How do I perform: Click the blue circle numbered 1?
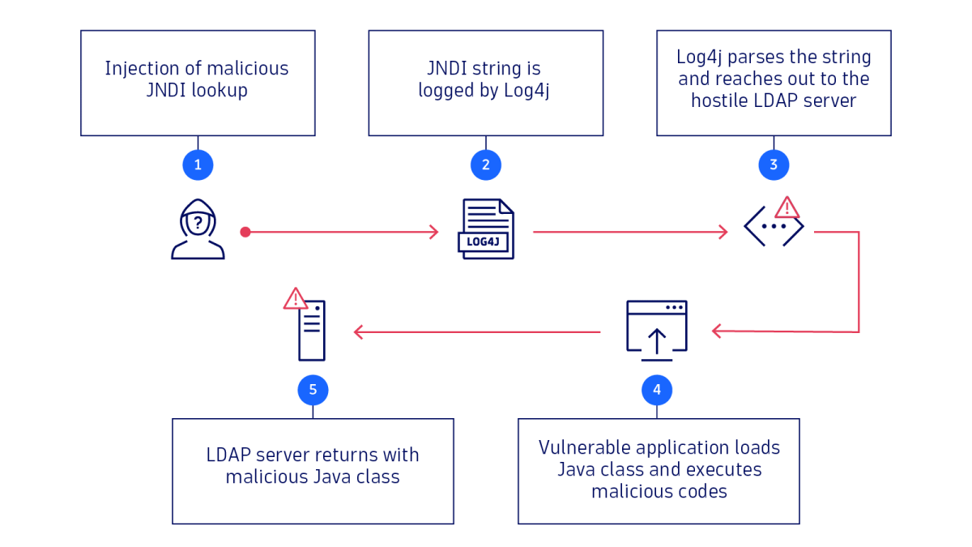click(x=198, y=165)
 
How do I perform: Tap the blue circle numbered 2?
click(x=486, y=165)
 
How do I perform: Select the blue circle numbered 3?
click(x=774, y=165)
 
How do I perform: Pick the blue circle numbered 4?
click(x=657, y=390)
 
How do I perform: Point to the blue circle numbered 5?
click(x=313, y=391)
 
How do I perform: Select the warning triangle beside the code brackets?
click(x=787, y=208)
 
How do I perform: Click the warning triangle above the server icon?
click(x=295, y=299)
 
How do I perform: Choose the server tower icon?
click(x=312, y=331)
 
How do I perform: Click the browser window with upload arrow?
click(x=657, y=328)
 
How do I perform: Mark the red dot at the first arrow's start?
click(x=245, y=233)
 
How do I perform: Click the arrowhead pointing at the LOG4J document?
click(x=434, y=233)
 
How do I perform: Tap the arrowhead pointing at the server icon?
click(x=358, y=331)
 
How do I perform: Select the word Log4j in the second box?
click(x=526, y=91)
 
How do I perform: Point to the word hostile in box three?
click(x=720, y=100)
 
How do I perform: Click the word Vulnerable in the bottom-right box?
click(x=585, y=448)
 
